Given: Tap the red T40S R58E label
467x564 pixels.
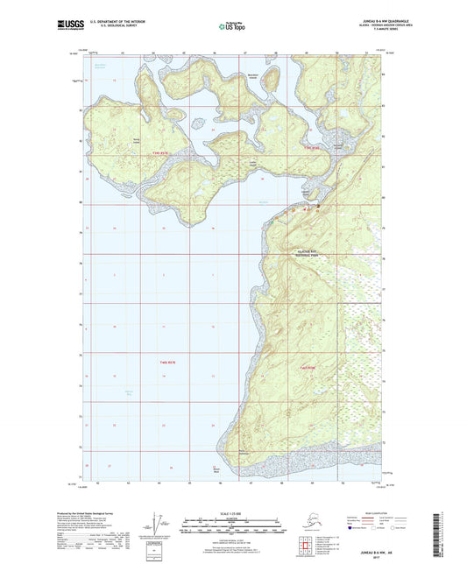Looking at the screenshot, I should pos(309,366).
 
